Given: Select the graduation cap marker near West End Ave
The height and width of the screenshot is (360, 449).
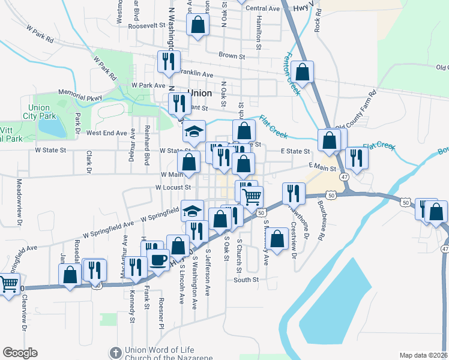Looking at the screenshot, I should tap(193, 131).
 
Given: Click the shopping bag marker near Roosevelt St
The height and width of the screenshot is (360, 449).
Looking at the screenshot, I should tap(197, 26).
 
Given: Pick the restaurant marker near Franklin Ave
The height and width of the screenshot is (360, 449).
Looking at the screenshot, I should tap(168, 61).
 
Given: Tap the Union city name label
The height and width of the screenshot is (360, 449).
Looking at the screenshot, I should tap(200, 94).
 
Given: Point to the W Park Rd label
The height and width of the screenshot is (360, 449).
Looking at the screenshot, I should tap(41, 33).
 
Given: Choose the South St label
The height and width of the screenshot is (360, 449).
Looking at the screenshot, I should tap(246, 280).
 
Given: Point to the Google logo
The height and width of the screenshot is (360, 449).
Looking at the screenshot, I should tap(20, 353).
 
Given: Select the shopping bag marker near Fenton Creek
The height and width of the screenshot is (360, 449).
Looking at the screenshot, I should tap(304, 72).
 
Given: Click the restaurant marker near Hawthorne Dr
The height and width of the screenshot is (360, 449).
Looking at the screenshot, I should tap(293, 192).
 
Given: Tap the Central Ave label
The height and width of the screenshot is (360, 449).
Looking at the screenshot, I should tap(263, 8).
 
